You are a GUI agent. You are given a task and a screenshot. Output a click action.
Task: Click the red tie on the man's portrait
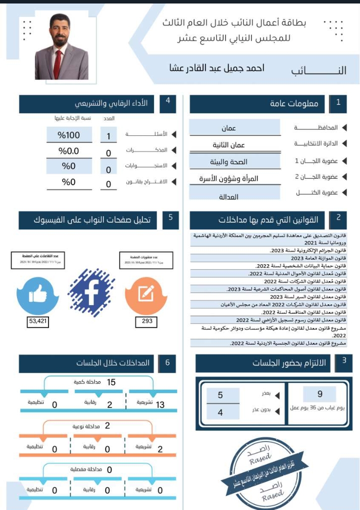57,63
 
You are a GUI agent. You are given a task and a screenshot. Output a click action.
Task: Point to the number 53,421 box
38,322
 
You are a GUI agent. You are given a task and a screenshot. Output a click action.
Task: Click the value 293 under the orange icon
147,321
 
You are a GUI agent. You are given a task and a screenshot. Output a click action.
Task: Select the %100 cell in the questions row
69,135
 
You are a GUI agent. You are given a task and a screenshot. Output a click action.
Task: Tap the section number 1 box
338,103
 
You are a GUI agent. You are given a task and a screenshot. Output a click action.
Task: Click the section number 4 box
168,101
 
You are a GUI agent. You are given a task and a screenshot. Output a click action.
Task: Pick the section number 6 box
168,363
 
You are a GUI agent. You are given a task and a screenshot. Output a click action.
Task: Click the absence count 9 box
320,394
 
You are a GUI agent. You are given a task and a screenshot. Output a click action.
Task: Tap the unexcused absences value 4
220,413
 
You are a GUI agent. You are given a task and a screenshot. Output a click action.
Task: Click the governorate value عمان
229,128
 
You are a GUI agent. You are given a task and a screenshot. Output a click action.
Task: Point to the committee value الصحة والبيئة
229,162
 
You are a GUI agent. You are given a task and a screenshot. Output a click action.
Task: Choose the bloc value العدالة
229,197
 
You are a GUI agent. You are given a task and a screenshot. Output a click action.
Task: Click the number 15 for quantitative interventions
111,382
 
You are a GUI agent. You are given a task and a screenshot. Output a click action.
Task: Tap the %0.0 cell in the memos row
69,151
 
